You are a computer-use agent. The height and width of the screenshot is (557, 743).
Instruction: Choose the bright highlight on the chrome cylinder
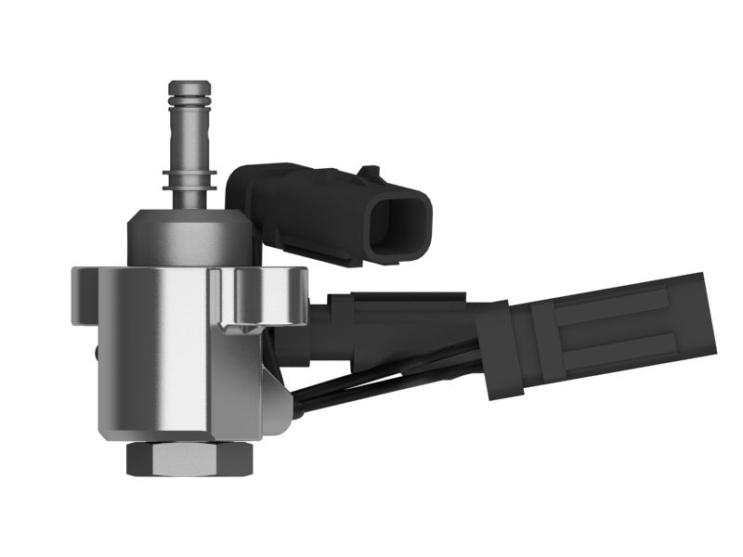167,362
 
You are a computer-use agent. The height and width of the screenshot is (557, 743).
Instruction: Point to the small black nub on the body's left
96,354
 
